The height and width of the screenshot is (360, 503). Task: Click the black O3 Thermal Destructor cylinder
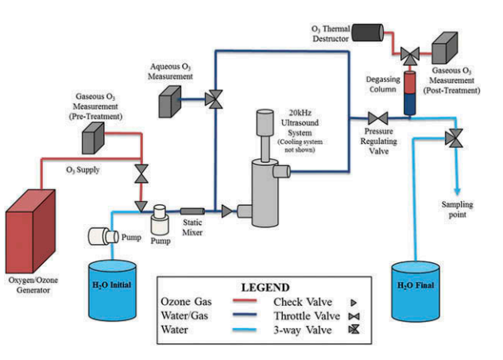click(366, 31)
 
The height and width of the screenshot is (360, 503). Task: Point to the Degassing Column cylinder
click(411, 90)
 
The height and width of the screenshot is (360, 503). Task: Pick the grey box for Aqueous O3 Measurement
click(172, 99)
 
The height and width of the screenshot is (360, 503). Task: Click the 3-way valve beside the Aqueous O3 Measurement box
click(215, 99)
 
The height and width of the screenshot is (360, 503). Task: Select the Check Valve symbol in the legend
click(342, 302)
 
